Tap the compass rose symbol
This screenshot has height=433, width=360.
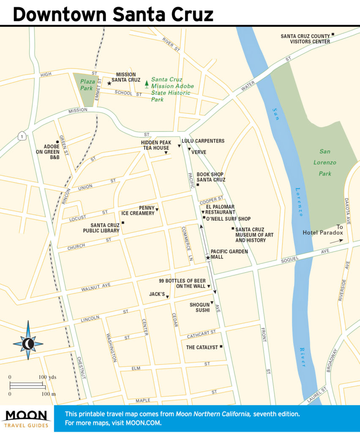coord(28,340)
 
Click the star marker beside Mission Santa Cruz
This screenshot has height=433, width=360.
coord(109,83)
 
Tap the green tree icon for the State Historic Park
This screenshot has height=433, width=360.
coord(147,83)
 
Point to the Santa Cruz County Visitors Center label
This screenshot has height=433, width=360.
coord(305,39)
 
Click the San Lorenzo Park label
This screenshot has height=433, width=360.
coord(325,162)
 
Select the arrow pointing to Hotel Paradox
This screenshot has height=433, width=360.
coord(336,241)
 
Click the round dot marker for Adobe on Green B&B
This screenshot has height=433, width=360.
coord(57,142)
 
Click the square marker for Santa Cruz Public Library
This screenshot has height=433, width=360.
coord(123,222)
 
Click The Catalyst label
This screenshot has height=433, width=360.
coord(202,347)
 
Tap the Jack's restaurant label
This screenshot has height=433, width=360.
coord(157,294)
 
